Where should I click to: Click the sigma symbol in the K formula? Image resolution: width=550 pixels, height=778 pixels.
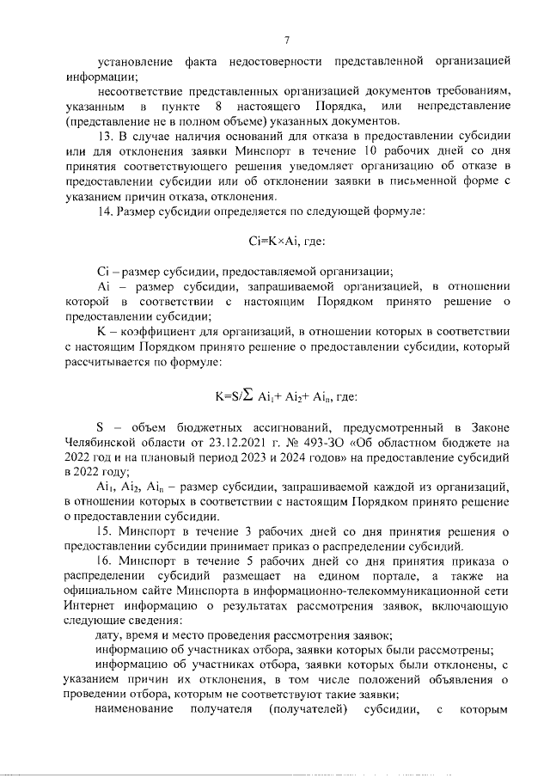click(250, 396)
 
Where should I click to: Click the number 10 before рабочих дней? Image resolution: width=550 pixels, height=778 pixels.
click(374, 152)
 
